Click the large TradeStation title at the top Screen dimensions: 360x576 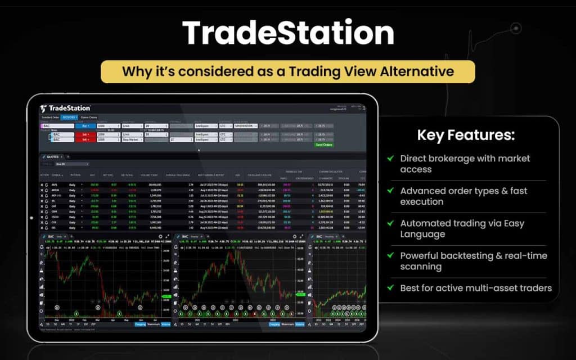coord(287,34)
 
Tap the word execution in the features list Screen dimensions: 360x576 coord(422,202)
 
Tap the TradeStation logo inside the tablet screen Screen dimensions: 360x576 coord(66,108)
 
